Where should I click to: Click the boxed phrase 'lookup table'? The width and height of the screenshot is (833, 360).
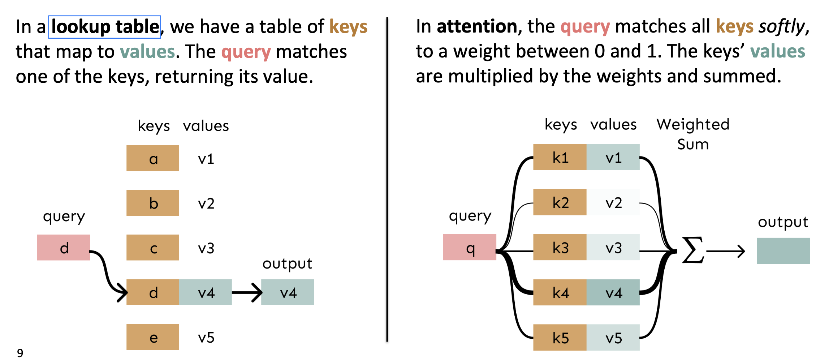[x=105, y=27]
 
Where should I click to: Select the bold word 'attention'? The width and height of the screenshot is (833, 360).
[x=477, y=26]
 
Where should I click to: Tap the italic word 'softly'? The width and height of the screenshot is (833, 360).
[x=782, y=26]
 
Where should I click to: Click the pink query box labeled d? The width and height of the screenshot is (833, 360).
[x=64, y=248]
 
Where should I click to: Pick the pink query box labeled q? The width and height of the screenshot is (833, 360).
[x=470, y=248]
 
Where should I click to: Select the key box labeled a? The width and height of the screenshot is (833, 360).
[x=153, y=158]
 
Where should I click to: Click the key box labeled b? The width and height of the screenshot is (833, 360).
[x=153, y=203]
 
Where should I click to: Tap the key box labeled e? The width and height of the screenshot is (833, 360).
[x=153, y=337]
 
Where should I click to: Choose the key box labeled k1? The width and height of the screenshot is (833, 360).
[x=560, y=157]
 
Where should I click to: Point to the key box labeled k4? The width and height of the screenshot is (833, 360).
[x=560, y=292]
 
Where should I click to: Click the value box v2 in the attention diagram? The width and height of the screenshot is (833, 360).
[x=613, y=202]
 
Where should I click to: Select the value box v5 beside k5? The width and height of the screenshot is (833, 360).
[x=613, y=338]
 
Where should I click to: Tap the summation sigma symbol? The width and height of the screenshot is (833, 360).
[x=693, y=250]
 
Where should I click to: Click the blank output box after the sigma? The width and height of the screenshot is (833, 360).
[x=783, y=251]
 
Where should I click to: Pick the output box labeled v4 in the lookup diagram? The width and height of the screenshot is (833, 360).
[x=288, y=292]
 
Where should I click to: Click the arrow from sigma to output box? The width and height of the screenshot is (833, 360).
[x=726, y=251]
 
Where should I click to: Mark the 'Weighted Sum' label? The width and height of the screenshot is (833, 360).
[x=693, y=134]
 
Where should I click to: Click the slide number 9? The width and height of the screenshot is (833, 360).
[x=20, y=353]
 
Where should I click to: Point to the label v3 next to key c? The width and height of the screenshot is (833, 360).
[x=206, y=248]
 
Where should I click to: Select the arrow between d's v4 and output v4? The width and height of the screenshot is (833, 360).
[x=247, y=292]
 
